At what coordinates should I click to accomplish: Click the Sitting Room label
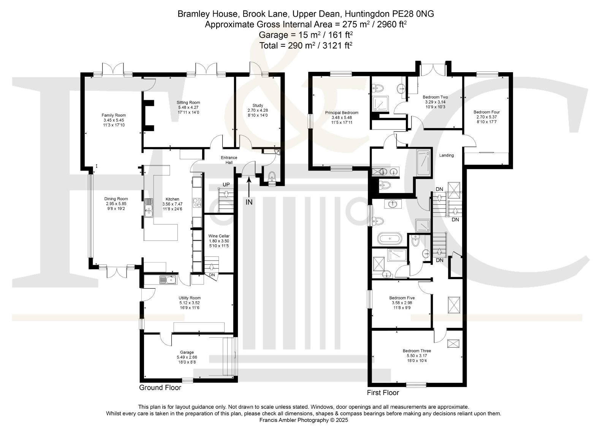pos(188,103)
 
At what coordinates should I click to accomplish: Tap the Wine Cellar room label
pos(219,236)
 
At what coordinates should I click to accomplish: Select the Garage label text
pos(187,353)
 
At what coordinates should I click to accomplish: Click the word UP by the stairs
pos(226,185)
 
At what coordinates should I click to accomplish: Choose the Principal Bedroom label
pos(342,112)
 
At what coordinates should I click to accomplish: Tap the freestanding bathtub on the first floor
pos(389,239)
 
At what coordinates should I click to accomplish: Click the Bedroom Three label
pos(416,351)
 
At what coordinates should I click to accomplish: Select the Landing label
pos(446,155)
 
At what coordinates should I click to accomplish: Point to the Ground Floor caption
pos(160,388)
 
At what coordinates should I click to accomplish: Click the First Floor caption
pos(383,392)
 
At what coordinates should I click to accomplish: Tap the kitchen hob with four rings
pos(197,203)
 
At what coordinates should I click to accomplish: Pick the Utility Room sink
pos(168,280)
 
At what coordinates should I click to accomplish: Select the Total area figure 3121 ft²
pos(337,45)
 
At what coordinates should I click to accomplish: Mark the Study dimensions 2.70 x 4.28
pos(258,111)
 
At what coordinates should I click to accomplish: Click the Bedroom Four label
pos(486,112)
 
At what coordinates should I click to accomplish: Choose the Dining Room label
pos(116,199)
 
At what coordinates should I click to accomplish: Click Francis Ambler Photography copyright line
pos(304,420)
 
